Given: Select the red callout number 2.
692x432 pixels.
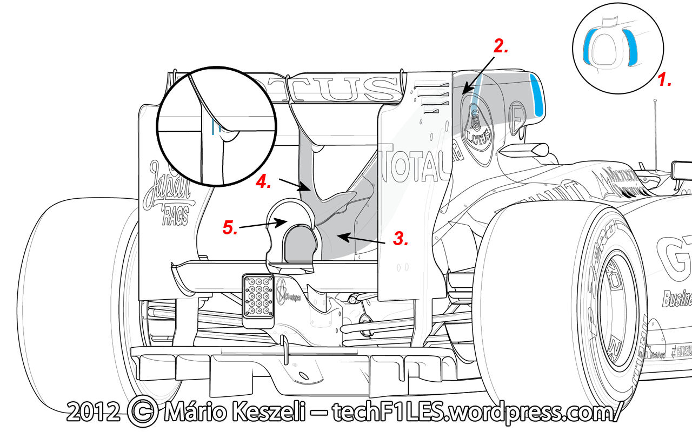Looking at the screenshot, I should pos(501,47).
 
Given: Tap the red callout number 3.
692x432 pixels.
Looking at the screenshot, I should pos(400,238).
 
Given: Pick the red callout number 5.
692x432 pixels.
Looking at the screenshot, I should pos(230,228).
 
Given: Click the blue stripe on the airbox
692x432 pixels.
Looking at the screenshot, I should pos(538,96).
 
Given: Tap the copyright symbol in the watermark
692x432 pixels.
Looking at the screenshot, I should pos(142,413).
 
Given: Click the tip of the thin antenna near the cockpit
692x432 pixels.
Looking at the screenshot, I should pos(655,100).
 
